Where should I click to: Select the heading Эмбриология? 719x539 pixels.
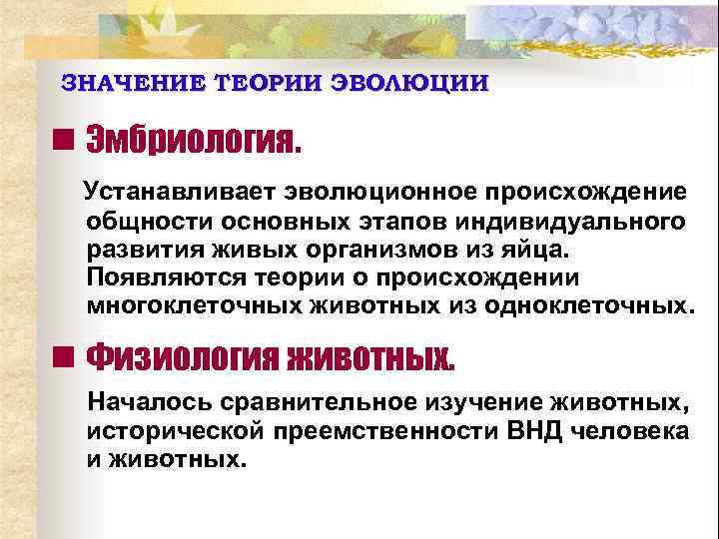(x=193, y=143)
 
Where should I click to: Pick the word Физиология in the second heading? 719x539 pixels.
(x=181, y=356)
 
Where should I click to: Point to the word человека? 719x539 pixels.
(x=628, y=432)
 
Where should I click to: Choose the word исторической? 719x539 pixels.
(x=176, y=432)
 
